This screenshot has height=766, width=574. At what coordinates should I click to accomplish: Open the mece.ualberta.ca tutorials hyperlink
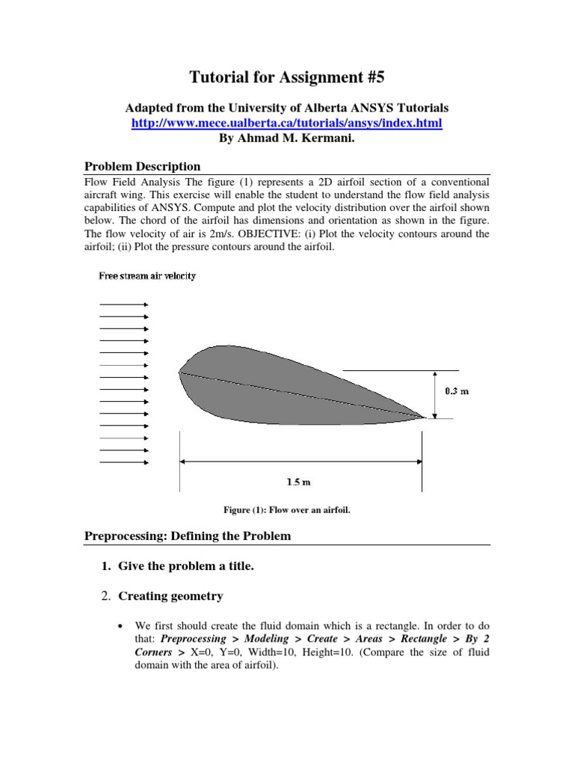[x=286, y=123]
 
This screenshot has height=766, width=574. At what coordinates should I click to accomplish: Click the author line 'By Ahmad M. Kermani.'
[x=286, y=137]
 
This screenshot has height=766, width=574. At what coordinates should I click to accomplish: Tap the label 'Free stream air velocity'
[x=147, y=276]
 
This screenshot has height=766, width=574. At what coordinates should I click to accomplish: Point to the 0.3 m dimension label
[x=457, y=390]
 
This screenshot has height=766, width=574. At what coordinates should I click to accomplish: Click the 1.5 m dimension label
[x=299, y=482]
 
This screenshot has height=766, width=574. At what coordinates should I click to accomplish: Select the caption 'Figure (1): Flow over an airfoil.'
[x=287, y=510]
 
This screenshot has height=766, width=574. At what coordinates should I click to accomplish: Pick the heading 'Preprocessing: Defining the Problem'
[x=187, y=536]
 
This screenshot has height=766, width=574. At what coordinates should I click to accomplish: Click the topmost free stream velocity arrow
[x=124, y=304]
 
